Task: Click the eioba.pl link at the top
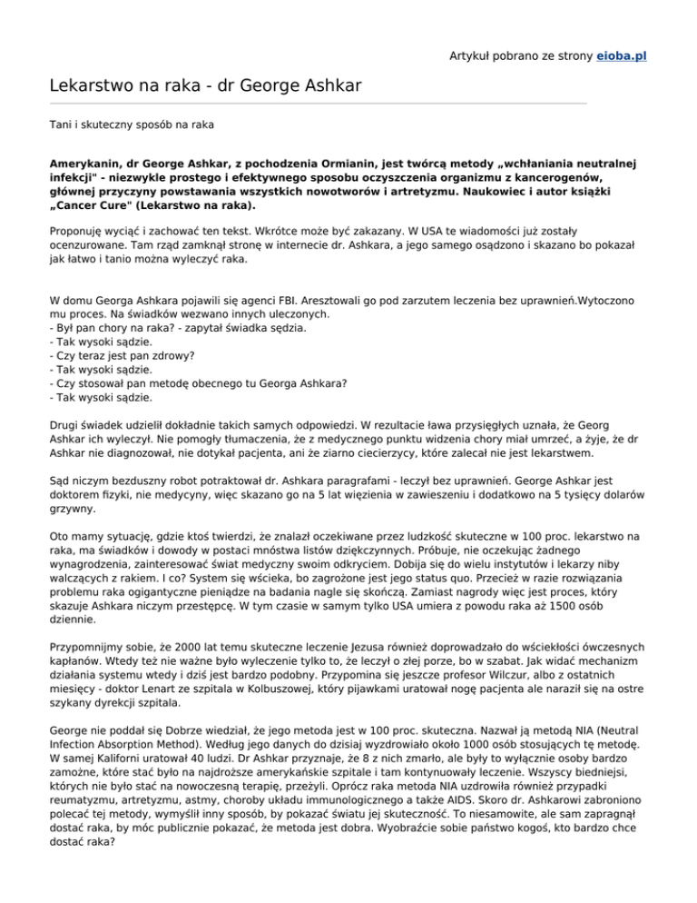[621, 55]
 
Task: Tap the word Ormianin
[330, 165]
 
